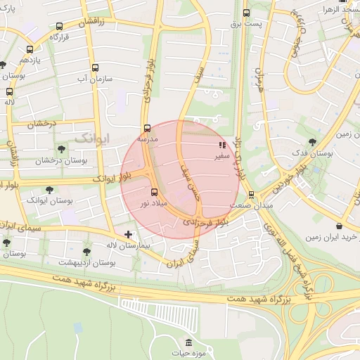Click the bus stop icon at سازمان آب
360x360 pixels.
tap(95, 68)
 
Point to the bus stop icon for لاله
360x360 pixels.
tap(9, 91)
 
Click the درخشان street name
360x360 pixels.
tap(41, 124)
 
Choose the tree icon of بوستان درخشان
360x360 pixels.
tap(61, 149)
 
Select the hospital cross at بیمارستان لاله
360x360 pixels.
tap(128, 233)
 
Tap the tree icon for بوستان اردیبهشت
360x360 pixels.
tap(86, 251)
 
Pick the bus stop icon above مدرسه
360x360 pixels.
tap(147, 128)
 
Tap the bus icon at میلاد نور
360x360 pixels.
tap(154, 191)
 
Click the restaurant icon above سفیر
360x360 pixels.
tap(222, 146)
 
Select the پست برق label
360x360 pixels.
tap(245, 24)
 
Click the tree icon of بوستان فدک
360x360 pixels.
tap(312, 141)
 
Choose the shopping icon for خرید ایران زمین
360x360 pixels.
tap(340, 226)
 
